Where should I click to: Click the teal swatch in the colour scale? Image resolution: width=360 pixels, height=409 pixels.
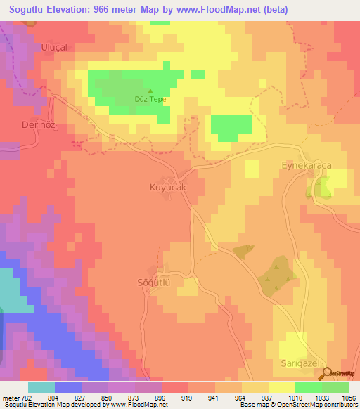coord(41,387)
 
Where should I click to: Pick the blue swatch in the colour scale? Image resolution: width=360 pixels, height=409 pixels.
coord(68,387)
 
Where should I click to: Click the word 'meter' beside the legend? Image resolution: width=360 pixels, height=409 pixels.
coord(11,398)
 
